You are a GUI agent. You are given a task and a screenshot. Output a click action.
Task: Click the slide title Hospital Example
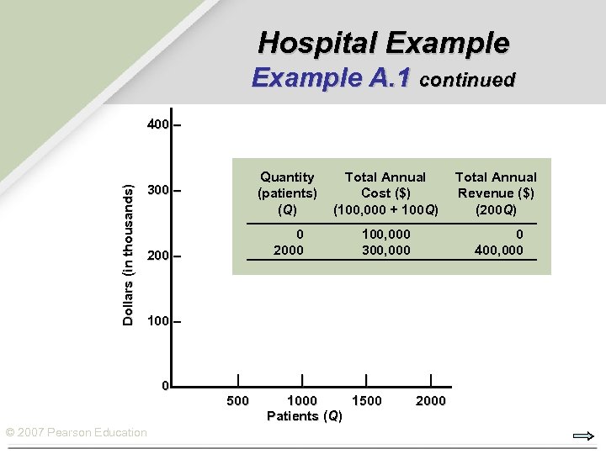[x=383, y=42]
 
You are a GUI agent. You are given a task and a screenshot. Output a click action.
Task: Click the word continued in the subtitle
[x=467, y=80]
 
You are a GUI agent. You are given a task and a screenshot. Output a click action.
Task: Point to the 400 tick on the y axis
[x=157, y=125]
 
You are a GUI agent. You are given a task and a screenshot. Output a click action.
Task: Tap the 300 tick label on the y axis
[x=157, y=191]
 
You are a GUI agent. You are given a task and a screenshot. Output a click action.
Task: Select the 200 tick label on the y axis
[x=157, y=256]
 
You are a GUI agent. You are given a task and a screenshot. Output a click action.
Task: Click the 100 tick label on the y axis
[x=157, y=321]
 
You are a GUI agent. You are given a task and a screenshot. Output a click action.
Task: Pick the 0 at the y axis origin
[x=166, y=386]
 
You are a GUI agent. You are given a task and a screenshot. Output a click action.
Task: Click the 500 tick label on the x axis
[x=238, y=401]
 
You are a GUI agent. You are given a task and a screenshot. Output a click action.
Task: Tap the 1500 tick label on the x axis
[x=366, y=401]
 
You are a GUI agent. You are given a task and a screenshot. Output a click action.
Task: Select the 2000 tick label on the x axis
[x=431, y=401]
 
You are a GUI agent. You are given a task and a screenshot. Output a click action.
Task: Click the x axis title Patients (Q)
[x=304, y=415]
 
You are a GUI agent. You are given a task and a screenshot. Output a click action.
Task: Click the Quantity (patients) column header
[x=287, y=193]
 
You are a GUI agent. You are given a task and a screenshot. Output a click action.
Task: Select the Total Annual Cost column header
[x=385, y=193]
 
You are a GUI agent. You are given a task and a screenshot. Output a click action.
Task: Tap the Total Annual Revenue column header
[x=496, y=193]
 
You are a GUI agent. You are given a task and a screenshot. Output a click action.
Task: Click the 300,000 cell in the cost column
[x=385, y=250]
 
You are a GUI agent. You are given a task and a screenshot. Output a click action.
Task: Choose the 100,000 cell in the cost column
[x=385, y=235]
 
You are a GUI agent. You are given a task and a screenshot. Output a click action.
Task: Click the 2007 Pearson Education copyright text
[x=76, y=432]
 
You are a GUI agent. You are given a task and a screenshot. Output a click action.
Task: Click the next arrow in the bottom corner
[x=583, y=436]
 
